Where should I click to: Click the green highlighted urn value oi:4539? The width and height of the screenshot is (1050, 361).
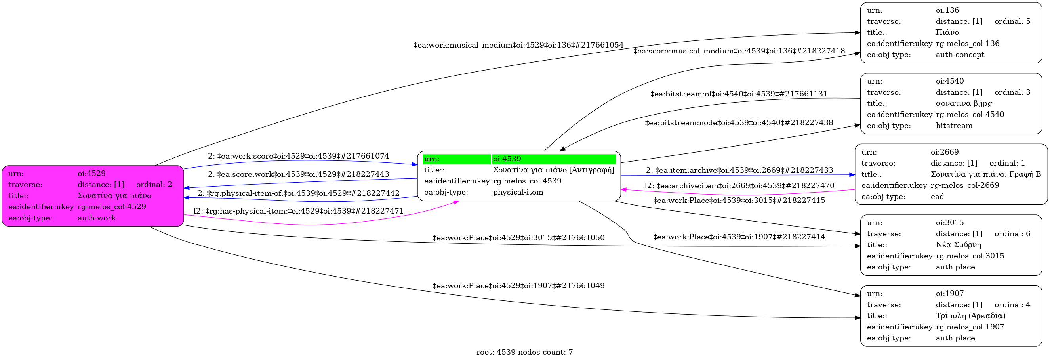click(x=507, y=159)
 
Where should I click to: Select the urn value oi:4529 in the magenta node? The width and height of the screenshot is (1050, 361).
click(x=91, y=173)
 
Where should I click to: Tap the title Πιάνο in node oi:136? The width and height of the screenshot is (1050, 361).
click(x=947, y=32)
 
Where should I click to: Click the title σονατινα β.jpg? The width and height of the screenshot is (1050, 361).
click(x=964, y=103)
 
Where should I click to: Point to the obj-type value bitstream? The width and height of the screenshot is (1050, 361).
click(x=954, y=126)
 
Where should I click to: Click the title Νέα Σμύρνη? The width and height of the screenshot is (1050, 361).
click(x=958, y=245)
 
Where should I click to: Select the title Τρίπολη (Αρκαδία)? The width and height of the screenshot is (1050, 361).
click(x=970, y=316)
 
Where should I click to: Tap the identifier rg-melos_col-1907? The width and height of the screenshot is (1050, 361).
click(x=970, y=327)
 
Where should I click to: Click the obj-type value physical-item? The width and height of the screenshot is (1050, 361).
click(x=518, y=192)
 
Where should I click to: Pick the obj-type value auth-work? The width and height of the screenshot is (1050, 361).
click(x=97, y=218)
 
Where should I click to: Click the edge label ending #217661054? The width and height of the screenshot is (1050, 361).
click(x=518, y=45)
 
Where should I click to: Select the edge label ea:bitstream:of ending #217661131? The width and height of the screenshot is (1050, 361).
click(x=739, y=94)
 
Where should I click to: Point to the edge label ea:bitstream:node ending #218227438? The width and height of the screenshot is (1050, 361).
click(x=739, y=123)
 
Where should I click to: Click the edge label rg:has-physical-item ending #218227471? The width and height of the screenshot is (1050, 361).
click(x=298, y=211)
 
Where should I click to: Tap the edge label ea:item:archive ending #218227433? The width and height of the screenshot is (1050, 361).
click(x=739, y=170)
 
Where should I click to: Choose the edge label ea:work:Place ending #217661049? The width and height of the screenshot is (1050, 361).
click(x=518, y=286)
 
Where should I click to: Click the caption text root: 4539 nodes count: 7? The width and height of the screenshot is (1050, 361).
click(x=524, y=352)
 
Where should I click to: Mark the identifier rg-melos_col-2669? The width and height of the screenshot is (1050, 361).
click(x=964, y=185)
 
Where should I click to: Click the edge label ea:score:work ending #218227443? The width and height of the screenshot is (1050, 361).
click(x=298, y=174)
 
